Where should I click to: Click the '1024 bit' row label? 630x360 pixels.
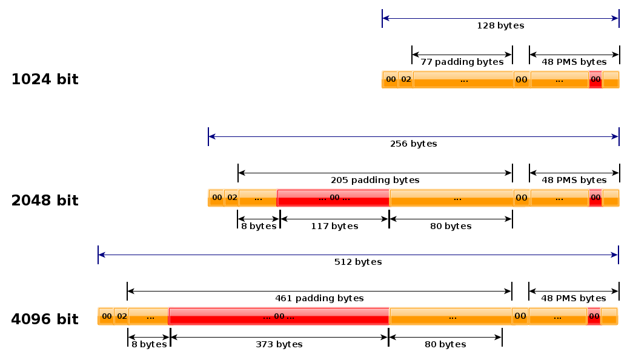coord(45,79)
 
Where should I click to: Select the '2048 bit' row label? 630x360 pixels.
coord(45,201)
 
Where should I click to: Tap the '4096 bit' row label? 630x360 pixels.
coord(45,319)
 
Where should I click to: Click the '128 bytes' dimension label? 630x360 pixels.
coord(500,25)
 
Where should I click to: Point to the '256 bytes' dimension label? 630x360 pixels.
coord(413,144)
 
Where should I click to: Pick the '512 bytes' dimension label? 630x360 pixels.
coord(358,262)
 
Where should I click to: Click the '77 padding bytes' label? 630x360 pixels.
coord(462,62)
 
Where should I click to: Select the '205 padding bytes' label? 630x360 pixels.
coord(375,180)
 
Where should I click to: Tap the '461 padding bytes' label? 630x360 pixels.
coord(319,298)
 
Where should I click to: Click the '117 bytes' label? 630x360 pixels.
coord(334,226)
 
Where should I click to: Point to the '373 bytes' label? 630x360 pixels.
coord(279,344)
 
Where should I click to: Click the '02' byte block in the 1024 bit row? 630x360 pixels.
coord(406,79)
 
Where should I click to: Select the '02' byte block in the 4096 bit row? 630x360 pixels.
coord(121,316)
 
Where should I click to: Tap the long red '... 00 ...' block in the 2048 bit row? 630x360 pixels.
coord(333,198)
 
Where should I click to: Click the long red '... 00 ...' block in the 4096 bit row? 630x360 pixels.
coord(279,316)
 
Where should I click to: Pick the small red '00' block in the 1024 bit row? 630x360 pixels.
coord(595,79)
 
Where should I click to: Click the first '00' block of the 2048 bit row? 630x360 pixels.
coord(216,198)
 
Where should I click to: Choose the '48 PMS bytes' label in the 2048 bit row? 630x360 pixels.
coord(574,180)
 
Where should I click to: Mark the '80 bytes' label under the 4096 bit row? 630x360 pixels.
coord(445,344)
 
